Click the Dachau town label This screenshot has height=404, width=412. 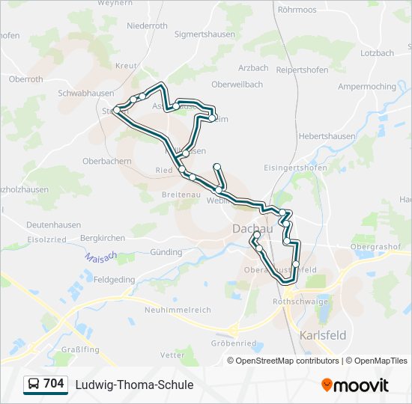[249, 228]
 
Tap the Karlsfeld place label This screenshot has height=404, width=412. [323, 335]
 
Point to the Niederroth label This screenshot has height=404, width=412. [148, 25]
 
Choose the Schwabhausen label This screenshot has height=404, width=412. [85, 94]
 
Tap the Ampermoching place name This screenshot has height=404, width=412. [367, 87]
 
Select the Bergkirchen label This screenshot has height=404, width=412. [103, 238]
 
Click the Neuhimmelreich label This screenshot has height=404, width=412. [178, 310]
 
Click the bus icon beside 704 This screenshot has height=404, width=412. [34, 385]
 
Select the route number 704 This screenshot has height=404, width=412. [54, 384]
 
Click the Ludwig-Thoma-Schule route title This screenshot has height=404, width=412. [134, 385]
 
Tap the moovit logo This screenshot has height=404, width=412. [355, 385]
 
